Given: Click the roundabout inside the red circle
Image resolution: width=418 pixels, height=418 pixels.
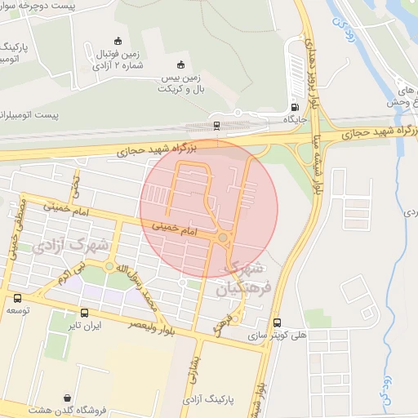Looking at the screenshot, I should point(223,238).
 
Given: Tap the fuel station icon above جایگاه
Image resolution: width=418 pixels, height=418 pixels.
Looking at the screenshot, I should point(295,107).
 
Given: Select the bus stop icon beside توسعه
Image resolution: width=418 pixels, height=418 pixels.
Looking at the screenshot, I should point(17,298).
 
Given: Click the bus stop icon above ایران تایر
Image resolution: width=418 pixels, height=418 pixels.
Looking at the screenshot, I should point(84,312).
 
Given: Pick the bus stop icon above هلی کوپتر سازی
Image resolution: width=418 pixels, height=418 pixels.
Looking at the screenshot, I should point(278,322).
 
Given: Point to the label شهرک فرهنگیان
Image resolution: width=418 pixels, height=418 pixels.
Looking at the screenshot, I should point(239,278).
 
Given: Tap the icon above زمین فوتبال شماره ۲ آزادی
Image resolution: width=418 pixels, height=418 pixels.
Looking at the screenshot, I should point(118,42).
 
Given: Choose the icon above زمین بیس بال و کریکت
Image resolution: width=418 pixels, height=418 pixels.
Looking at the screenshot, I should point(180,65).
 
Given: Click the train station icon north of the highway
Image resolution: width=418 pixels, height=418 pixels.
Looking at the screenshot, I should point(216,125).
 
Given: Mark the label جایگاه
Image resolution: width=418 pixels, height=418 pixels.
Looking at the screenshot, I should point(294,119).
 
